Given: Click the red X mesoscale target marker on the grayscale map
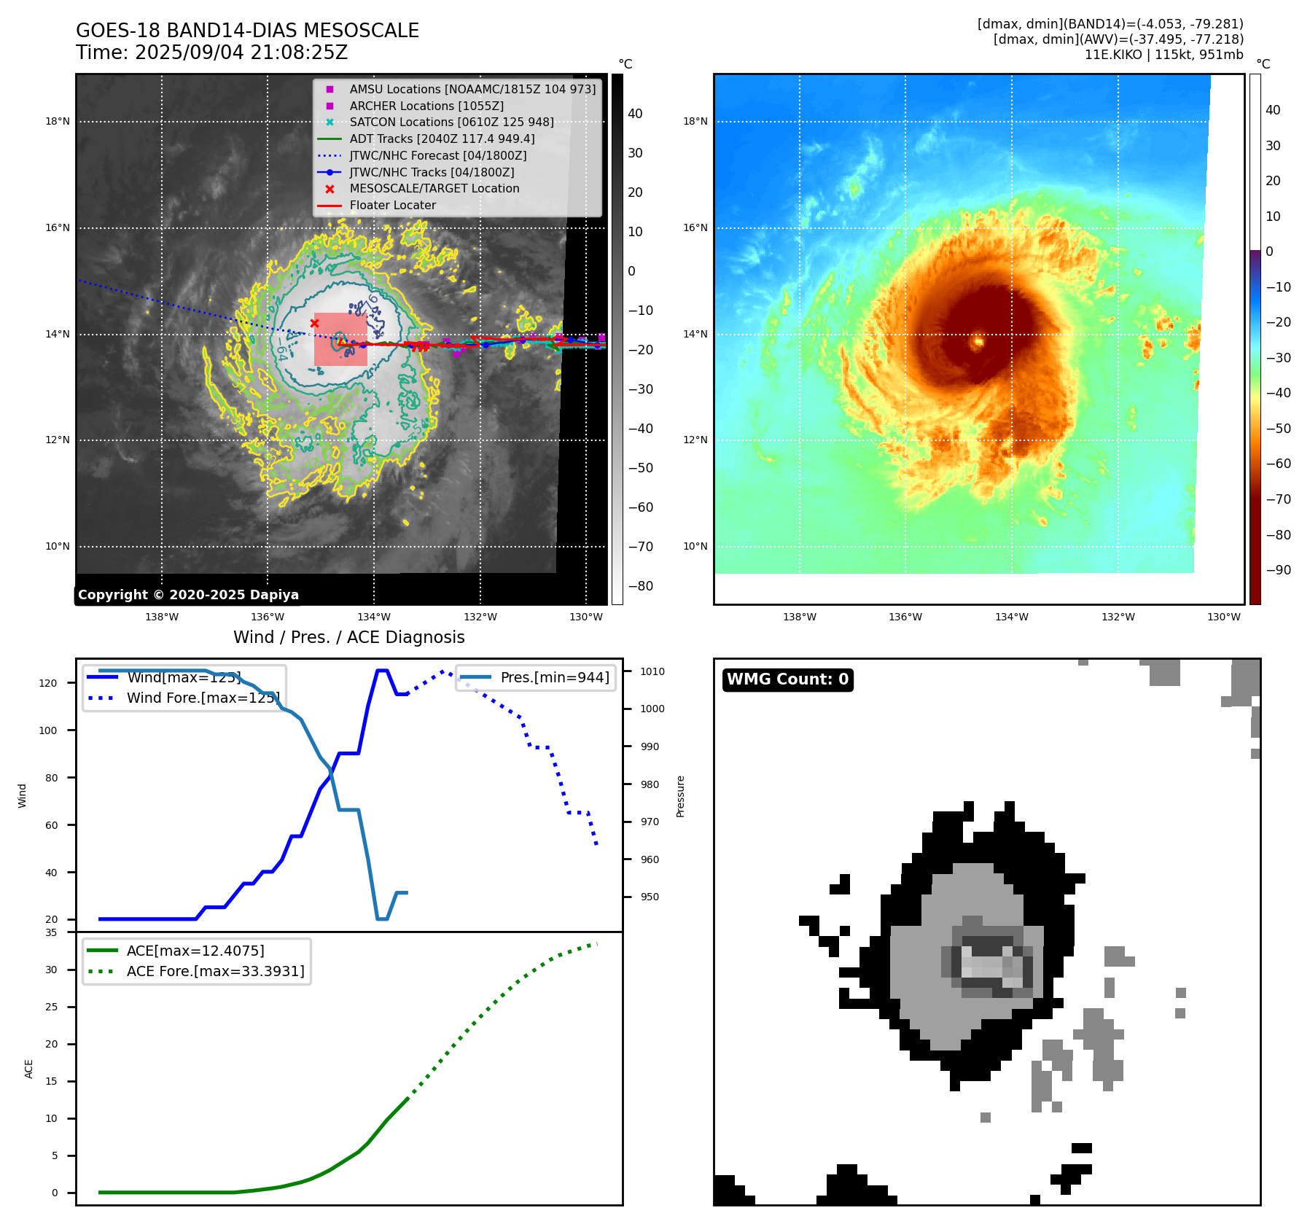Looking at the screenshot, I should coord(314,323).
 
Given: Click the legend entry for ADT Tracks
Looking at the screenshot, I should coord(442,139).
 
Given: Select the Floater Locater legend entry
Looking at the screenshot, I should coord(392,206).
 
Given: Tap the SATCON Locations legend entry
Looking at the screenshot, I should coord(451,122).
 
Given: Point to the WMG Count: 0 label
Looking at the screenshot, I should coord(787,679).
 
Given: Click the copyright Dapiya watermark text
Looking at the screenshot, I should coord(188,595).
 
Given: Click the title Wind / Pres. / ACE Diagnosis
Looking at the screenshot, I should coord(348,637).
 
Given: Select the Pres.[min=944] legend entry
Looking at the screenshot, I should coord(554,677).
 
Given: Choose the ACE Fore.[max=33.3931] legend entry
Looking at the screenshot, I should coord(215,971).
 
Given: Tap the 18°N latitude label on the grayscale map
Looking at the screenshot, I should coord(58,122).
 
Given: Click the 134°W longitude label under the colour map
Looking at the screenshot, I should coord(1012,617).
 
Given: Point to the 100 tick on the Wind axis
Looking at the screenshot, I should coord(48,730).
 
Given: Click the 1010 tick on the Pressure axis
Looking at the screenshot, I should coord(652,671).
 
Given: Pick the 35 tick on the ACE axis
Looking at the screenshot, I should coord(51,932).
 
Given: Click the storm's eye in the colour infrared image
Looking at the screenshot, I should coord(978,340).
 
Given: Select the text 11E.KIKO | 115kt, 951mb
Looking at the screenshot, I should coord(1163,55).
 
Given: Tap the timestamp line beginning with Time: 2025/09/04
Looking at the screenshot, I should coord(211,52).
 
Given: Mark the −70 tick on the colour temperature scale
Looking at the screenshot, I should coord(1278,499).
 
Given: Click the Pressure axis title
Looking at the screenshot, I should coord(680,796).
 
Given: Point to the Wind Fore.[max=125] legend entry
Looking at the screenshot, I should coord(203,698).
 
